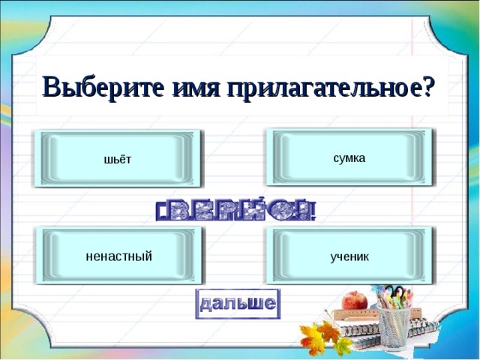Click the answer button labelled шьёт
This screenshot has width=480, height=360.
118,158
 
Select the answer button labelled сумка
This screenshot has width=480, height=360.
349,157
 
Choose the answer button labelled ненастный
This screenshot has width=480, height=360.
119,256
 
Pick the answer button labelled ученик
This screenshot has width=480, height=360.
349,256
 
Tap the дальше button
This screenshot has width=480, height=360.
237,304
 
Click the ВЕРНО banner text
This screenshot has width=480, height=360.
236,211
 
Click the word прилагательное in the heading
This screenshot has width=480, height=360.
307,87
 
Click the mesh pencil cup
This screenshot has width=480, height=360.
394,328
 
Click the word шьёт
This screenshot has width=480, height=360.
118,160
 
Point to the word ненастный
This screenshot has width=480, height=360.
119,256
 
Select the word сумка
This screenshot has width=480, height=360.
349,157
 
